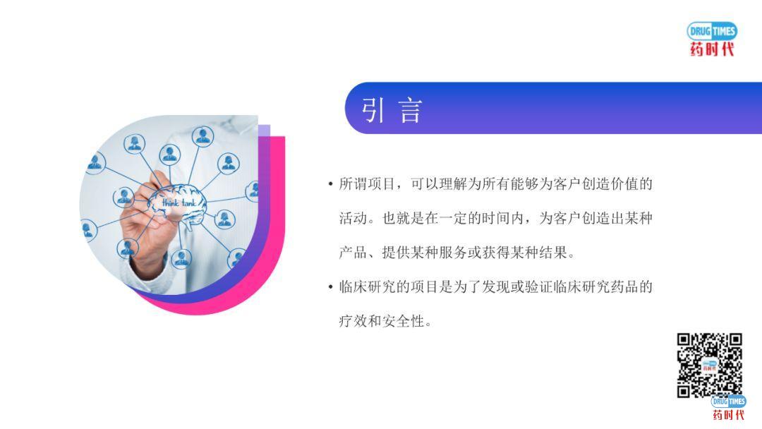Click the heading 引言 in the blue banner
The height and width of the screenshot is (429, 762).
[392, 110]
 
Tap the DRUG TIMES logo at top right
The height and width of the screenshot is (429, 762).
[712, 31]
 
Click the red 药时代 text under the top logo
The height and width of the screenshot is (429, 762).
[712, 49]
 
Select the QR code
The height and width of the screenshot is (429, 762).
[710, 365]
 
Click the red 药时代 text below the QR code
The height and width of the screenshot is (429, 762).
[728, 414]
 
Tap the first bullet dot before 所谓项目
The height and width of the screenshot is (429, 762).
[330, 184]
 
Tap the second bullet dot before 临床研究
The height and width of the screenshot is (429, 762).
[330, 287]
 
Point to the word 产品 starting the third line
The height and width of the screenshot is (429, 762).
[353, 253]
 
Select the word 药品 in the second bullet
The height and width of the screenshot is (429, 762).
[624, 287]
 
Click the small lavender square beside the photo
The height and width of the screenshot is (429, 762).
[264, 131]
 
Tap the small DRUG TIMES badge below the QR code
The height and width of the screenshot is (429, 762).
[728, 401]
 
